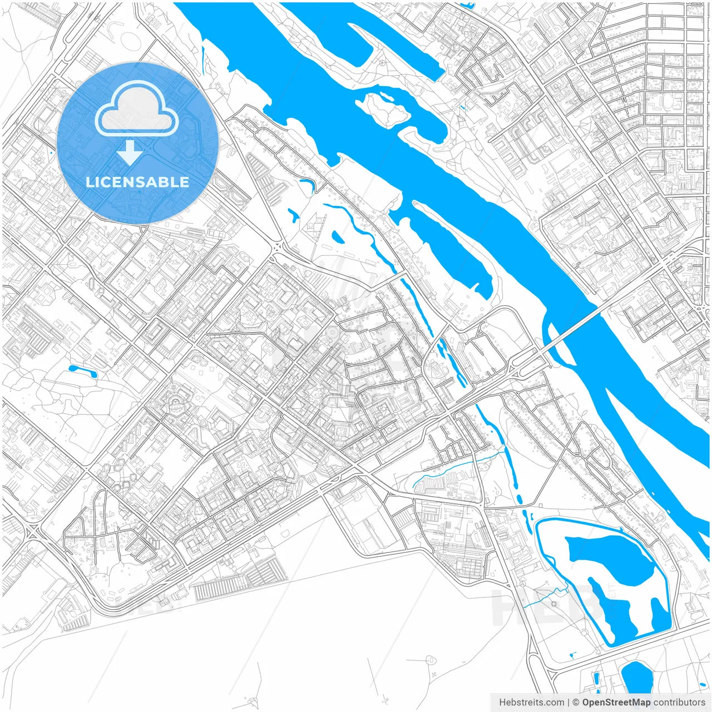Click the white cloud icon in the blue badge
(137, 109)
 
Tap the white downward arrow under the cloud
(130, 152)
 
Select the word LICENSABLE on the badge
(137, 182)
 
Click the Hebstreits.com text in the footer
(531, 703)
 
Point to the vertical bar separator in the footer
(568, 703)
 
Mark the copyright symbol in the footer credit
(576, 703)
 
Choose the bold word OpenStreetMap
(616, 703)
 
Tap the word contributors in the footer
(679, 703)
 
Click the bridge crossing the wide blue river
(573, 328)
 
